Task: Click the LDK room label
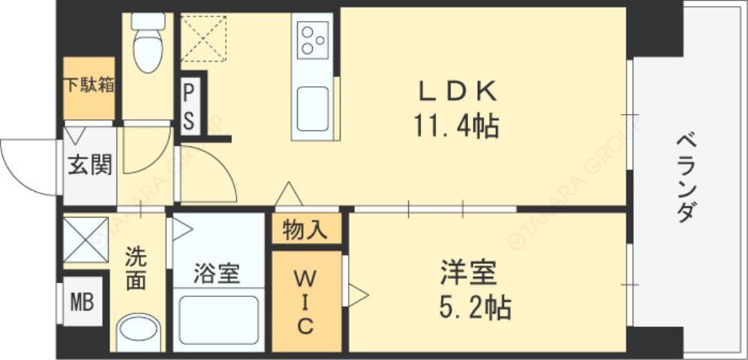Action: point(457,91)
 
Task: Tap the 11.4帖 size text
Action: point(457,125)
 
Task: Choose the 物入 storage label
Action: point(305,230)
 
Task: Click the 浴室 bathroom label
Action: point(217,274)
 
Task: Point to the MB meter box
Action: point(82,302)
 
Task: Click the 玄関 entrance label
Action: point(90,165)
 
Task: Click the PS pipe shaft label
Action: point(190,106)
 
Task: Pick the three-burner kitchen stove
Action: point(312,39)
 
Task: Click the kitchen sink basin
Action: point(312,107)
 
